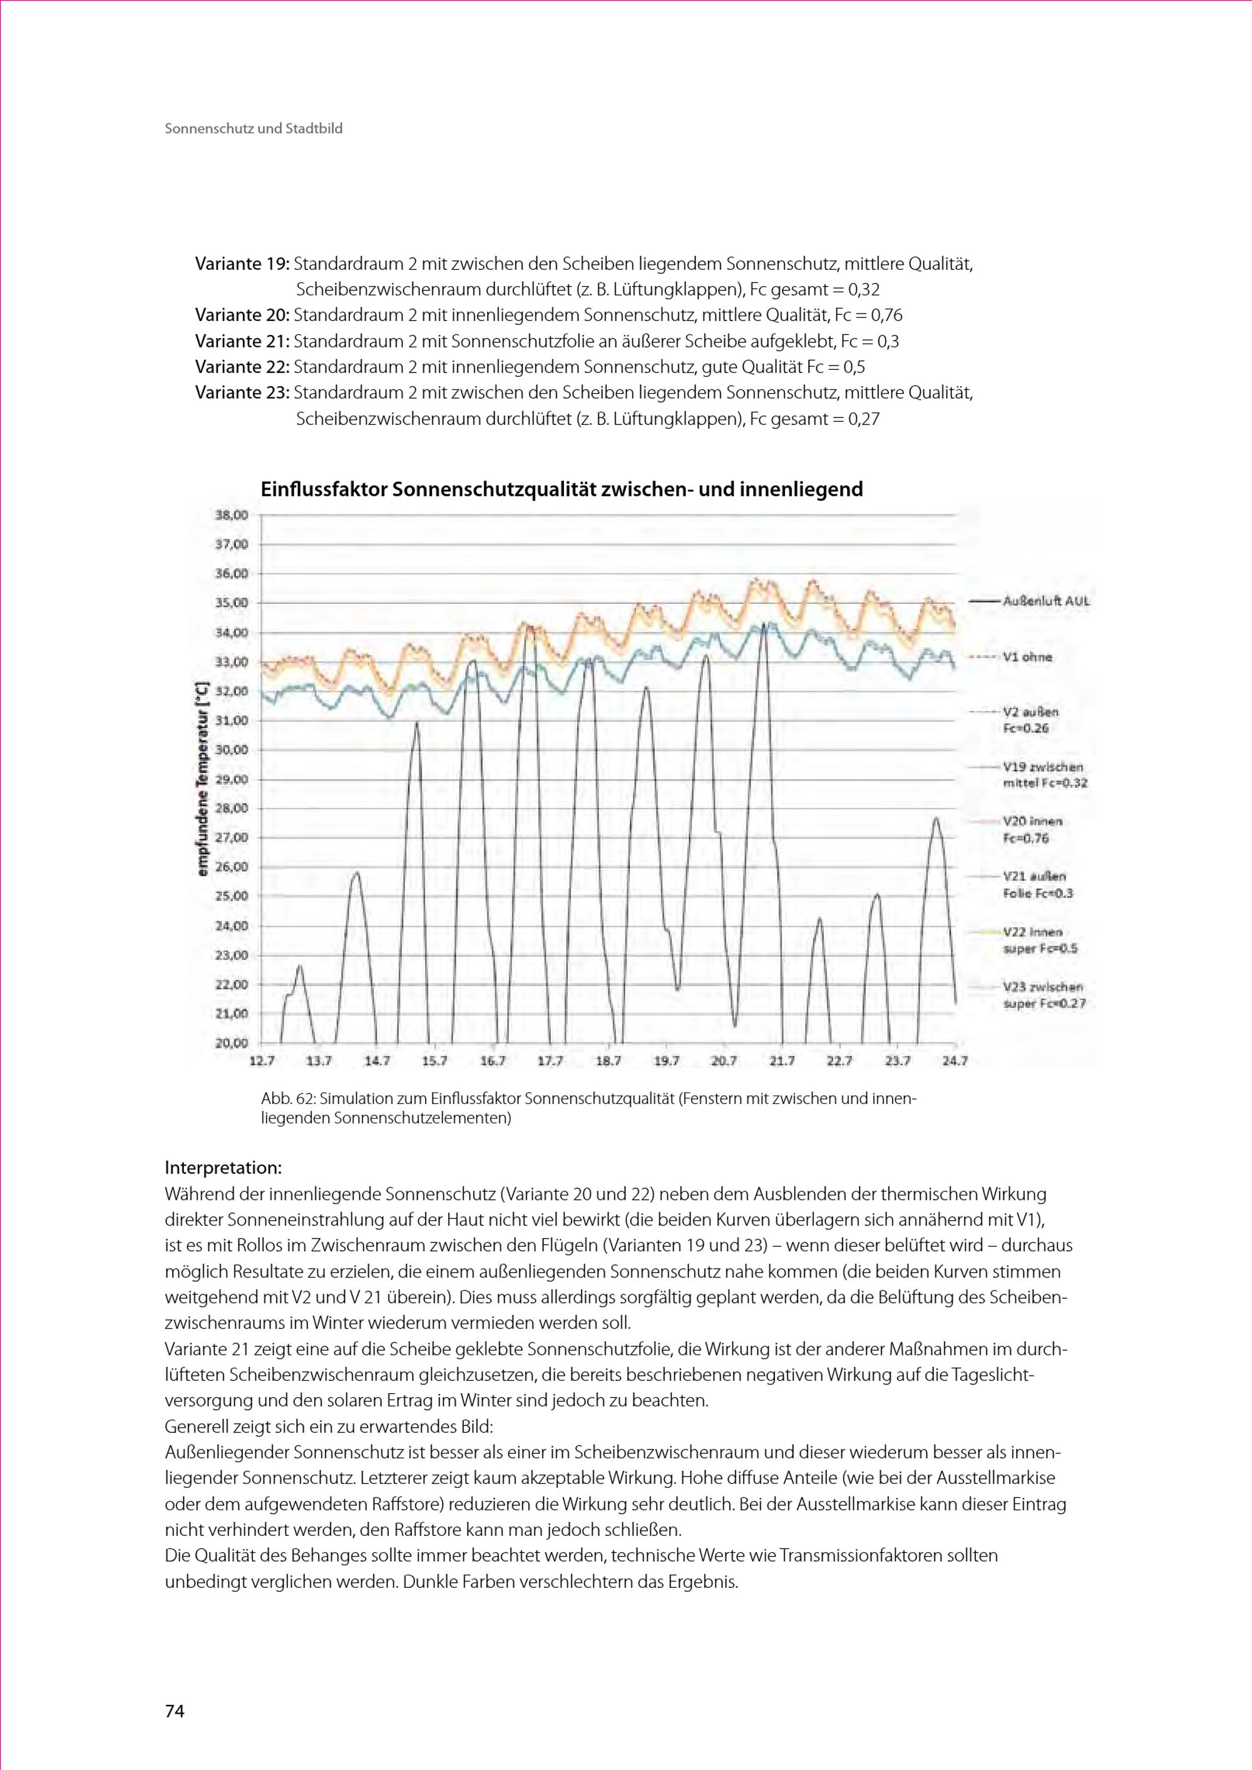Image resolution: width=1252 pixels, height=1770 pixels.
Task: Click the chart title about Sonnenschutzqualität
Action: [x=562, y=489]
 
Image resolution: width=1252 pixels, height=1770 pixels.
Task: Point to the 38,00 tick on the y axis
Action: [x=231, y=515]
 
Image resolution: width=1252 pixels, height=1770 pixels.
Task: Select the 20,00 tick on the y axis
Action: [x=231, y=1043]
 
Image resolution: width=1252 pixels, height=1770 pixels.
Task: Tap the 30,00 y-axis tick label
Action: [x=231, y=749]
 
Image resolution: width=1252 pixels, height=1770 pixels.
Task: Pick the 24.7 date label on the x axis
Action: [x=955, y=1061]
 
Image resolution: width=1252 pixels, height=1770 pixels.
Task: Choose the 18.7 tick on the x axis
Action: [x=608, y=1061]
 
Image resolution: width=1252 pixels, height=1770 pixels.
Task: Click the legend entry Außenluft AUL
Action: [x=1046, y=601]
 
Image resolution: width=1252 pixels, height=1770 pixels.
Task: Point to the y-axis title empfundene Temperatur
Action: [x=203, y=779]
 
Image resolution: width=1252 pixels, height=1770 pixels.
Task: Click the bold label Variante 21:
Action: [x=241, y=340]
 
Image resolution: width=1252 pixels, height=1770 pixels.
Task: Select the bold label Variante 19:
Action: [x=241, y=263]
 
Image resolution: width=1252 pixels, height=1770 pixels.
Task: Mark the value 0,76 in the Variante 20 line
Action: [x=886, y=315]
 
